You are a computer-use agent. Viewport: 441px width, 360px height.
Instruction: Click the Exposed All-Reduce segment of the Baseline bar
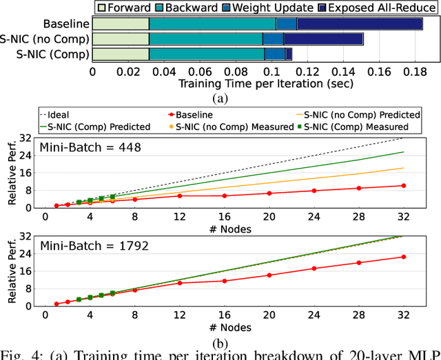(x=359, y=24)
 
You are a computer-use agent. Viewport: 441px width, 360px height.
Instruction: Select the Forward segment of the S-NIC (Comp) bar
(x=120, y=54)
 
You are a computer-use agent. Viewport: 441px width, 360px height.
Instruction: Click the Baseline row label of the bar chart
(x=65, y=24)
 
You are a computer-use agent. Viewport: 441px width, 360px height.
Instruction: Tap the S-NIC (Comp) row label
(x=54, y=54)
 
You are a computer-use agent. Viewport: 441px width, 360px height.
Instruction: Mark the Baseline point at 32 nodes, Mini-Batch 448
(x=403, y=185)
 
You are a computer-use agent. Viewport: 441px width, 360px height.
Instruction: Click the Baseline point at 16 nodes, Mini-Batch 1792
(x=224, y=281)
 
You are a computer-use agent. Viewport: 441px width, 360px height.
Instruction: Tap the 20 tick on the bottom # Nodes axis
(x=269, y=315)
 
